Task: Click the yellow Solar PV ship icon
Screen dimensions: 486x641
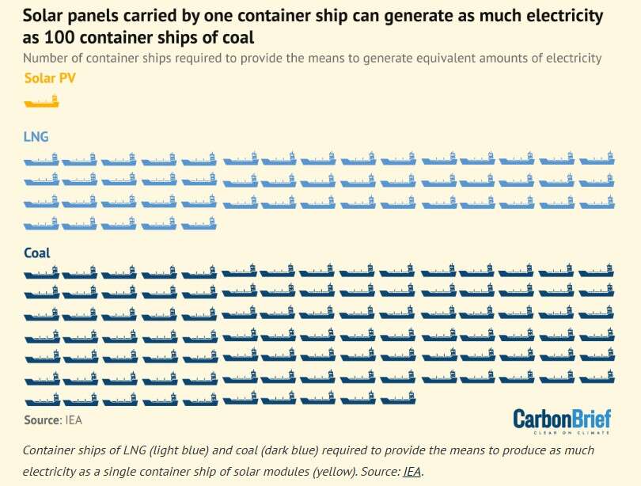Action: [41, 101]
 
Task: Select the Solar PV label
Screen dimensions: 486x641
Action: [50, 78]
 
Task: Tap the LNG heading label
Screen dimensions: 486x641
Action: [36, 137]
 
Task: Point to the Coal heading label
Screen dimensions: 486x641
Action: [37, 253]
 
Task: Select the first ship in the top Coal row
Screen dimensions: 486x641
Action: [41, 273]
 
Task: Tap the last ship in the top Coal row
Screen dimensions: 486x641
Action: [597, 273]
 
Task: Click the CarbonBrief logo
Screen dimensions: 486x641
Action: [562, 421]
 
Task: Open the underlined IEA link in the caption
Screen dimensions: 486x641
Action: [412, 472]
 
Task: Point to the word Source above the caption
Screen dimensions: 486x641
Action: [42, 420]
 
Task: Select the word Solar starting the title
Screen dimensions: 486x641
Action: [47, 16]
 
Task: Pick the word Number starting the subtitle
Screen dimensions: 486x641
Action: [47, 58]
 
